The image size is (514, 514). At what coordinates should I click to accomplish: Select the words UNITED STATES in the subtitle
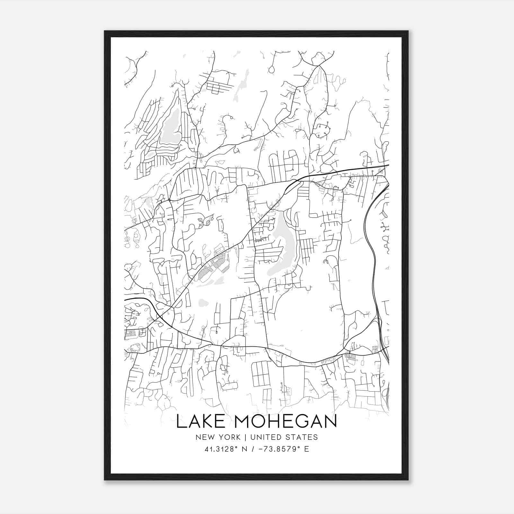tap(284, 437)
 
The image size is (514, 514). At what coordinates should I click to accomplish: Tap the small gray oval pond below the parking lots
tap(203, 303)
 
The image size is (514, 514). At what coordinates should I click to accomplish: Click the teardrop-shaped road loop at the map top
tap(272, 69)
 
